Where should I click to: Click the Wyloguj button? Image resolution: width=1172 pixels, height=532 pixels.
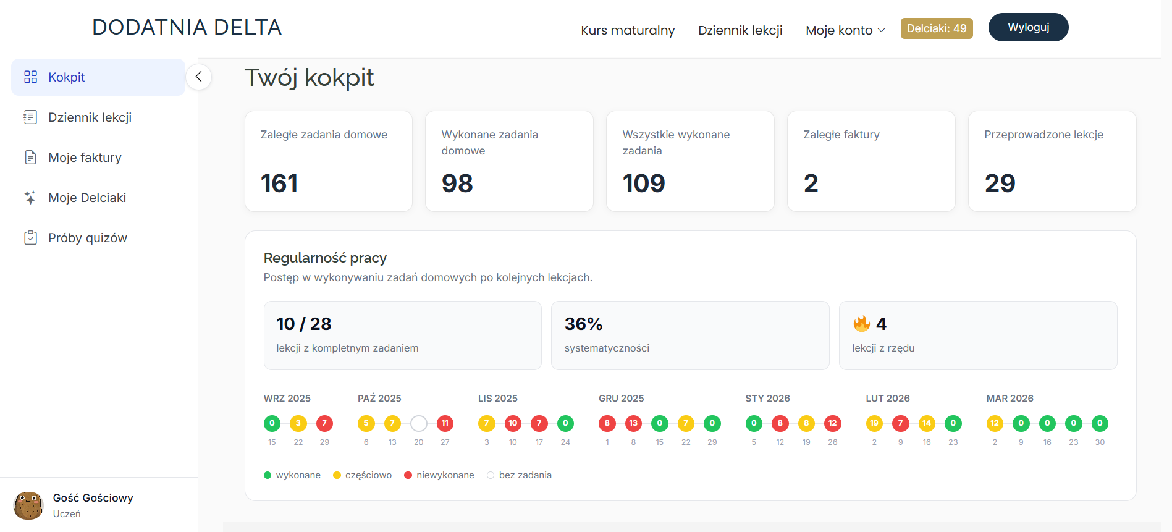pyautogui.click(x=1028, y=27)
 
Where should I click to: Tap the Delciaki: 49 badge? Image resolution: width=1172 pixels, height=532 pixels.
pyautogui.click(x=937, y=28)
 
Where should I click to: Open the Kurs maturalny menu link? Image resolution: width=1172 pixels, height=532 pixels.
pyautogui.click(x=628, y=30)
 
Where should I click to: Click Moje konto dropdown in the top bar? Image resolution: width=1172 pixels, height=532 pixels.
pyautogui.click(x=845, y=30)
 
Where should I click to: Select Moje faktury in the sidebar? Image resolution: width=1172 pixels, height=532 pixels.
pyautogui.click(x=85, y=158)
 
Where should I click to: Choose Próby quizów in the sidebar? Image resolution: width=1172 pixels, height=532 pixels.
pyautogui.click(x=88, y=238)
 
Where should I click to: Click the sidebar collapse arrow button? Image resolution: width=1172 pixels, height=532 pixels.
pyautogui.click(x=198, y=77)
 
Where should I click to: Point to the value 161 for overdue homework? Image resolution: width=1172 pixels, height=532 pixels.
pyautogui.click(x=279, y=184)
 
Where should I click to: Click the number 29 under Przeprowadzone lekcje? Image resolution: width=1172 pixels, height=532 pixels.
pyautogui.click(x=1000, y=184)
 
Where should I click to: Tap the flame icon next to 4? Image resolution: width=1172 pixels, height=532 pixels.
pyautogui.click(x=861, y=323)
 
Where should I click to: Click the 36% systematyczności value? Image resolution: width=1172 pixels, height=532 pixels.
pyautogui.click(x=583, y=324)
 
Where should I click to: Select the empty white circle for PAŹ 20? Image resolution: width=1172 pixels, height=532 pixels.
pyautogui.click(x=419, y=423)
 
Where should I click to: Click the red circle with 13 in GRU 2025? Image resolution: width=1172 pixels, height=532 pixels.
pyautogui.click(x=633, y=423)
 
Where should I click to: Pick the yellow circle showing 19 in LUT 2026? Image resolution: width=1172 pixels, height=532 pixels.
pyautogui.click(x=874, y=423)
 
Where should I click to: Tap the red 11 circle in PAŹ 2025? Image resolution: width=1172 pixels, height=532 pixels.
pyautogui.click(x=445, y=423)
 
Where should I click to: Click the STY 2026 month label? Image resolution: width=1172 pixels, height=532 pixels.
pyautogui.click(x=767, y=399)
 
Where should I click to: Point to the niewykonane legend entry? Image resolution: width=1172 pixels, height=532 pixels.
pyautogui.click(x=439, y=475)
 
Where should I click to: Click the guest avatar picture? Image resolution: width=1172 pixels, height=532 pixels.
pyautogui.click(x=28, y=505)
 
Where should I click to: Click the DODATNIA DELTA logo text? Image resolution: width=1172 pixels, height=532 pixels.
pyautogui.click(x=187, y=27)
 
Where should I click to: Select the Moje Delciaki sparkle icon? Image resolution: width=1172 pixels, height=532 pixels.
pyautogui.click(x=30, y=198)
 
